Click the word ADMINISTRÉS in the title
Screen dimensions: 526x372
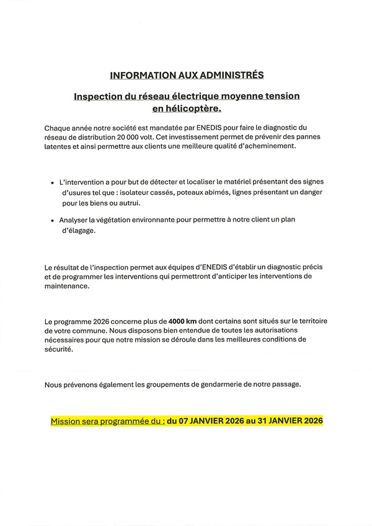[231, 75]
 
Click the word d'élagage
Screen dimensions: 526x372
[77, 230]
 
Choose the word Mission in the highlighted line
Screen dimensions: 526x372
[67, 421]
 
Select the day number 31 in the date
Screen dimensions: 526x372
[254, 421]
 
